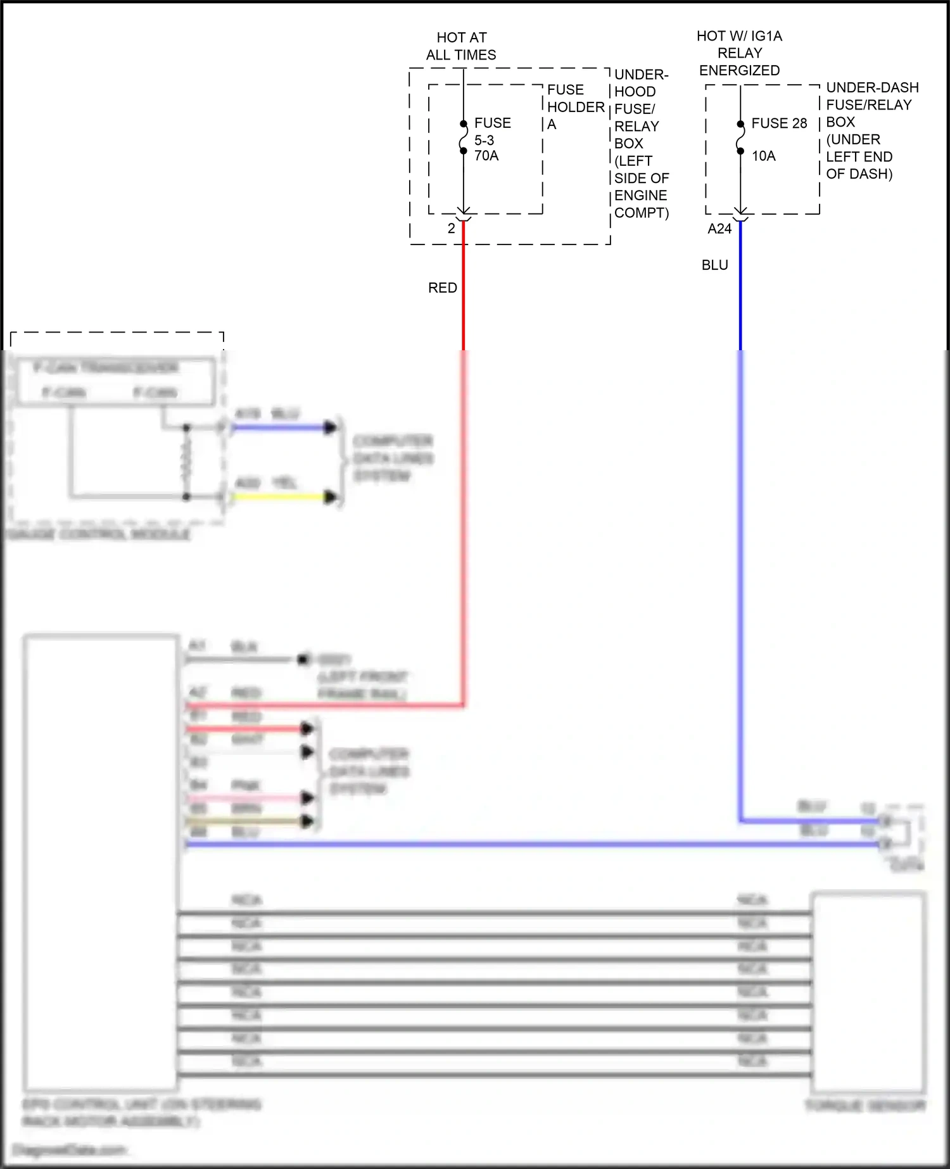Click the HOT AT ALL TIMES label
pyautogui.click(x=461, y=46)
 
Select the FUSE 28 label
pyautogui.click(x=779, y=123)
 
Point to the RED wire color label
pyautogui.click(x=442, y=288)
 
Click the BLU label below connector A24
pyautogui.click(x=714, y=265)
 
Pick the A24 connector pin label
pyautogui.click(x=719, y=229)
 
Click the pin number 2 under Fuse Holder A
pyautogui.click(x=451, y=229)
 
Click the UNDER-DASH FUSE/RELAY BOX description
pyautogui.click(x=871, y=130)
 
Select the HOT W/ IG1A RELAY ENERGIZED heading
pyautogui.click(x=739, y=53)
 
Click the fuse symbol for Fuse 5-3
pyautogui.click(x=464, y=137)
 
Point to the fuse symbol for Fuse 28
pyautogui.click(x=740, y=137)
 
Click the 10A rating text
pyautogui.click(x=763, y=156)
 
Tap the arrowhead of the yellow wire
pyautogui.click(x=330, y=497)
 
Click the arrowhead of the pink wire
pyautogui.click(x=308, y=798)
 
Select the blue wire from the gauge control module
pyautogui.click(x=279, y=428)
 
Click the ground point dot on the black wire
pyautogui.click(x=303, y=660)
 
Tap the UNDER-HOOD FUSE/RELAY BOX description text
pyautogui.click(x=640, y=144)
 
